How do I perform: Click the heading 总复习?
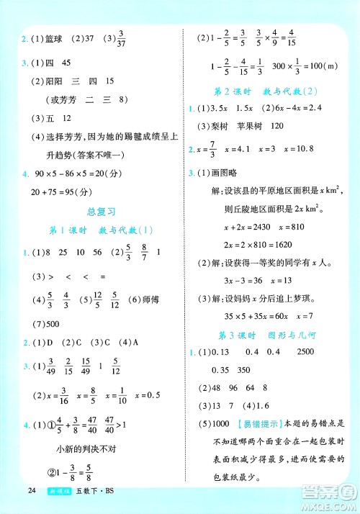pyautogui.click(x=101, y=212)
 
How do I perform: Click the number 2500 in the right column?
pyautogui.click(x=325, y=352)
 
